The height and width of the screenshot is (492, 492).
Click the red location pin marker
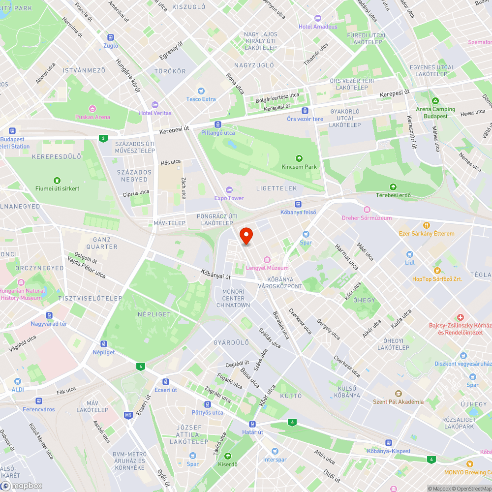(246, 235)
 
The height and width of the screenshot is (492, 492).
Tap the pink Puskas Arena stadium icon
(92, 108)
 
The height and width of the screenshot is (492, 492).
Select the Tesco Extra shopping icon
(201, 91)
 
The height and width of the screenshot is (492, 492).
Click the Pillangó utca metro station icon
(218, 124)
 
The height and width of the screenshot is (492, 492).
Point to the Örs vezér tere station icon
(305, 111)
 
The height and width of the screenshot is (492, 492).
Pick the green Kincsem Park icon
(299, 158)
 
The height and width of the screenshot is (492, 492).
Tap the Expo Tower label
(229, 198)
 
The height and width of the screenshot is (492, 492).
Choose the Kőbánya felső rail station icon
(298, 204)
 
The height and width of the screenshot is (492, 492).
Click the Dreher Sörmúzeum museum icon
(367, 210)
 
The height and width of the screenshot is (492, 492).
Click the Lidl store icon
(410, 254)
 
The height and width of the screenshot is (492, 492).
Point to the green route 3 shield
(103, 138)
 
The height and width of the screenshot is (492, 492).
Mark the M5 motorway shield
(128, 415)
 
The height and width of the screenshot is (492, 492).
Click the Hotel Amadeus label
(318, 27)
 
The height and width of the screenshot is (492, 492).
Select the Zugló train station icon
(111, 37)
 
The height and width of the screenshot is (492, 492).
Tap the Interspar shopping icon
(275, 451)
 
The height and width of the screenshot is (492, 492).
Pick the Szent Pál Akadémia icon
(398, 393)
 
